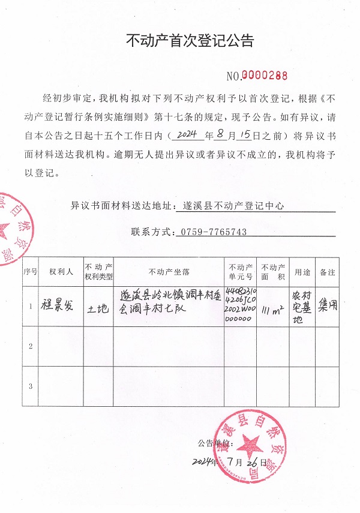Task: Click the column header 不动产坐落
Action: tap(169, 272)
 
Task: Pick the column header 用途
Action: tap(302, 272)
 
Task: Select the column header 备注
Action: tap(328, 272)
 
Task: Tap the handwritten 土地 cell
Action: tap(98, 308)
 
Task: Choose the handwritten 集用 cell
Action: tap(328, 304)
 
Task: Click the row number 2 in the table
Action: tap(30, 346)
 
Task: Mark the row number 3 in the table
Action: tap(30, 385)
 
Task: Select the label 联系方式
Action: tap(151, 232)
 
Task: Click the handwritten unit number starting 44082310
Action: tap(240, 306)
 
